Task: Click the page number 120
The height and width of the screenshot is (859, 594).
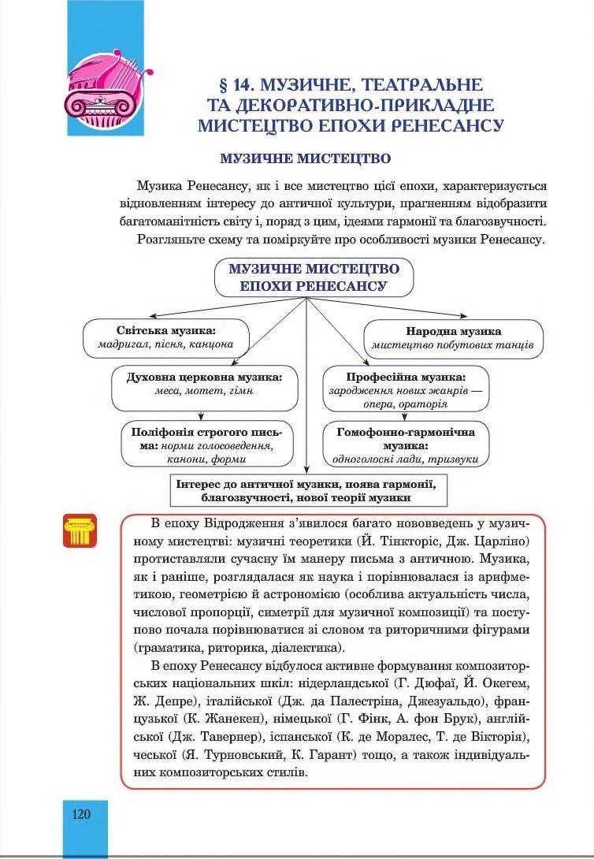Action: pyautogui.click(x=82, y=814)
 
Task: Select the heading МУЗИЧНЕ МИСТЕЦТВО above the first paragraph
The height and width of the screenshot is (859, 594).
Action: pyautogui.click(x=306, y=158)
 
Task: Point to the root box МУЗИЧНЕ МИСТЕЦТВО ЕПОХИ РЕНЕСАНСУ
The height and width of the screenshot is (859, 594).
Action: pyautogui.click(x=314, y=277)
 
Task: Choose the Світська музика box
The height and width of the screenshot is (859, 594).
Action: pyautogui.click(x=165, y=338)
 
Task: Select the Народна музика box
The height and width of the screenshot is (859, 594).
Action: pyautogui.click(x=453, y=338)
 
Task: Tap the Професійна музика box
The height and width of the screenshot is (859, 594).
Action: pyautogui.click(x=406, y=389)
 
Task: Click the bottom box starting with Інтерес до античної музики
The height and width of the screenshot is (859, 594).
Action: pyautogui.click(x=307, y=490)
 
